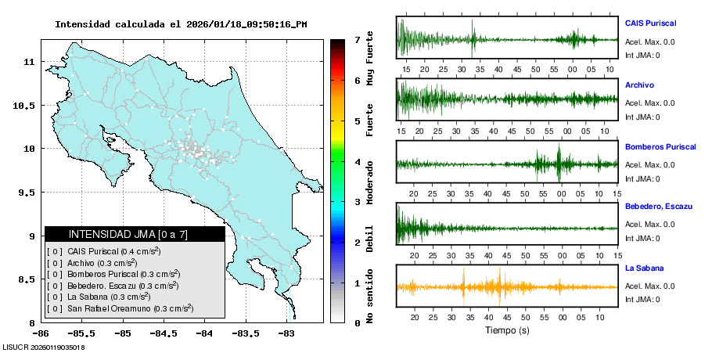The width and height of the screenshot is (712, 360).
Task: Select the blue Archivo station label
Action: (639, 85)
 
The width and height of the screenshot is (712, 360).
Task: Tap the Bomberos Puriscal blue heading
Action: (660, 146)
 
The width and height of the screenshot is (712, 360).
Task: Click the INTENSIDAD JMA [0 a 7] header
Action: (134, 234)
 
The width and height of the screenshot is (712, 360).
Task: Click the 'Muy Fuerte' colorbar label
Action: (370, 59)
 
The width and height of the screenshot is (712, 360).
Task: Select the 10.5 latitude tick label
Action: (27, 105)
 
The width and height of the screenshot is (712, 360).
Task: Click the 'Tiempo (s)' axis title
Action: (507, 329)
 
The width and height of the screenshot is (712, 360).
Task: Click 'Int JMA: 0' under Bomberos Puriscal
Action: (642, 178)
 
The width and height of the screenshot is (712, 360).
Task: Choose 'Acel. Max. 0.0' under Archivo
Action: (649, 103)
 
